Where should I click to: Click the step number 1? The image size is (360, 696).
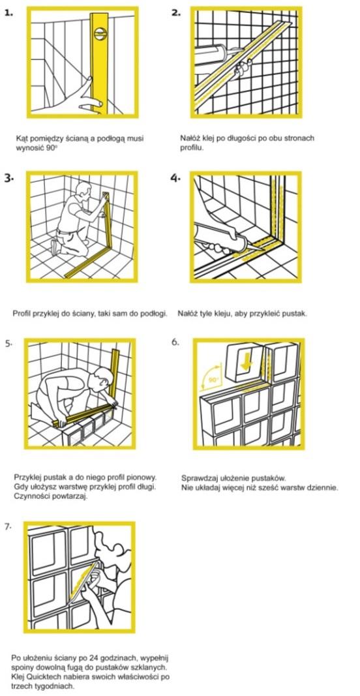[9, 12]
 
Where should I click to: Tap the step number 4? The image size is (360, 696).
[175, 177]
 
